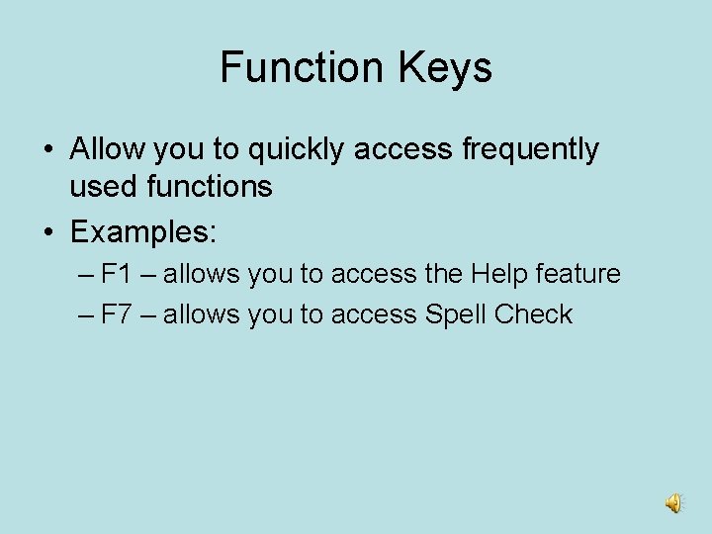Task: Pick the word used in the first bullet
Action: [102, 185]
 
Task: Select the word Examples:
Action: [143, 232]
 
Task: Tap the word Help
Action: [500, 274]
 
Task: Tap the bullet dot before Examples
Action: [47, 233]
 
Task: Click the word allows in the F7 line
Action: [202, 314]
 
